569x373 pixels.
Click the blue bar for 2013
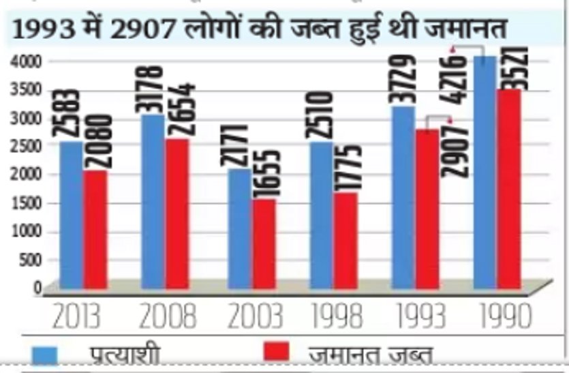(72, 215)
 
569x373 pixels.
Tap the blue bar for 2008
(153, 201)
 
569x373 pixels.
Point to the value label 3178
(153, 89)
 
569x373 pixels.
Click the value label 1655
(264, 174)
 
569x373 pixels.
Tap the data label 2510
(323, 115)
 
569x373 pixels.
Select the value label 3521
(510, 65)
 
